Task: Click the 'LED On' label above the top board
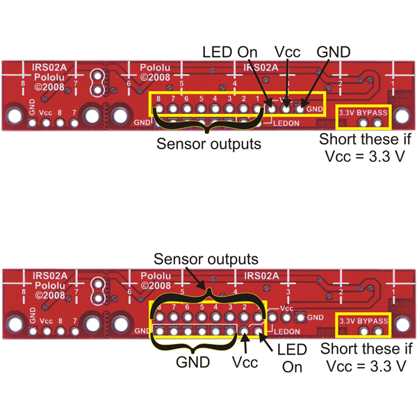229,52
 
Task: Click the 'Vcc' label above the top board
287,52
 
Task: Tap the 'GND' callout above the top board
333,52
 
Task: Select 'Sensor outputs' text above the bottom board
206,259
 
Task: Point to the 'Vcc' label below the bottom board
245,363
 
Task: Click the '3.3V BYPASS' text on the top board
363,111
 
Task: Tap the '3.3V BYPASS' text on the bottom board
363,320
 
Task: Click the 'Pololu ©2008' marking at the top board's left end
49,83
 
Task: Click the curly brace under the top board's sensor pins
208,126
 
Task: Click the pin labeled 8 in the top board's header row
158,109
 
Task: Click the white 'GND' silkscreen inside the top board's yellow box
314,109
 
